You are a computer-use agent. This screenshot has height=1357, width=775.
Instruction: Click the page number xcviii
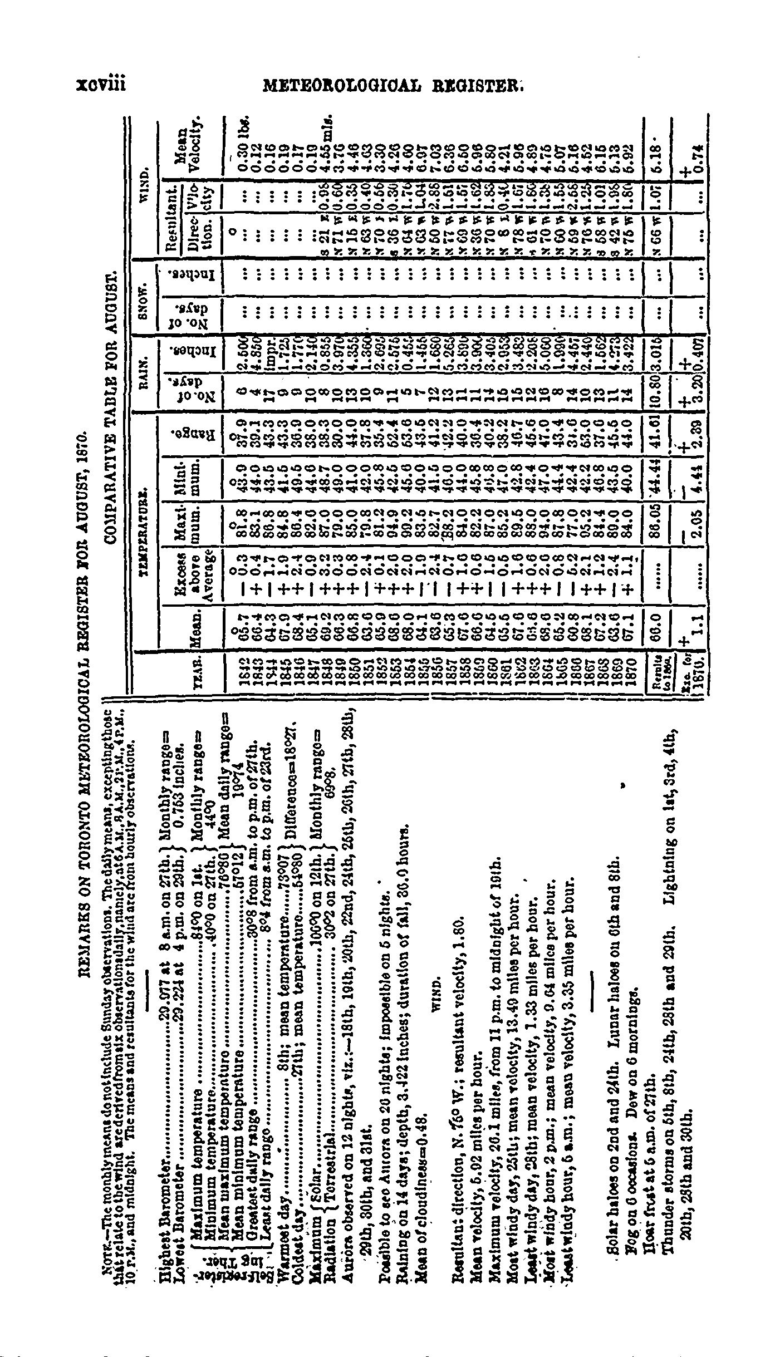[101, 85]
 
